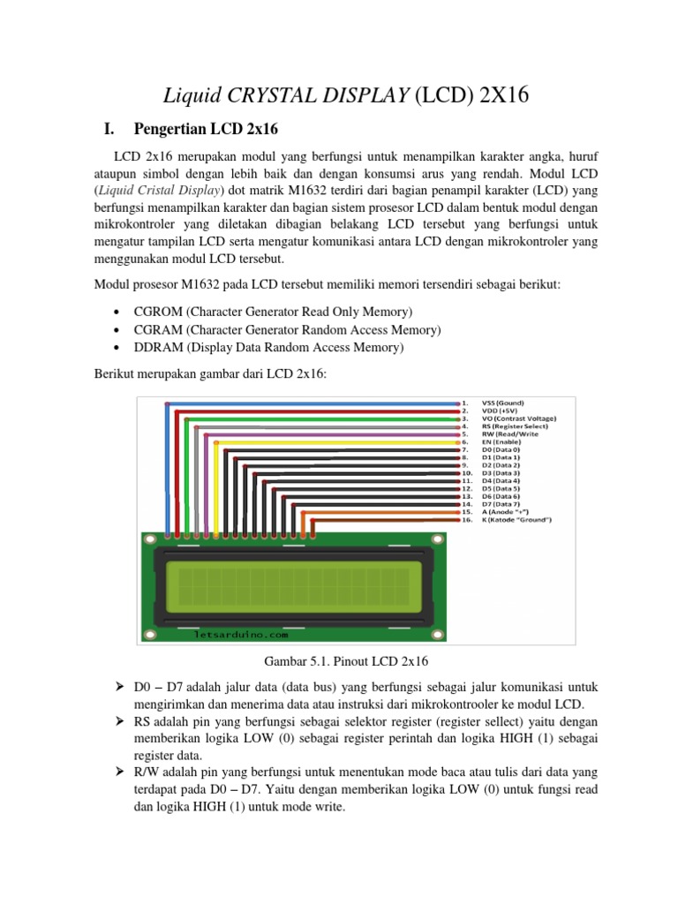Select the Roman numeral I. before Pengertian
click(x=108, y=130)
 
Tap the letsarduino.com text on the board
click(x=239, y=634)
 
